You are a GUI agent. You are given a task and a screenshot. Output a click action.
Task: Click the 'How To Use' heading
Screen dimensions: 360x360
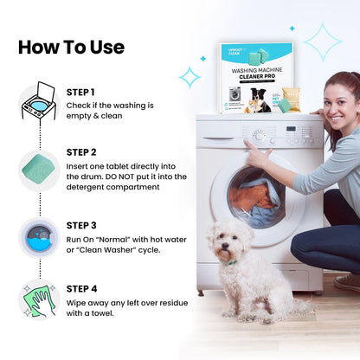(x=71, y=47)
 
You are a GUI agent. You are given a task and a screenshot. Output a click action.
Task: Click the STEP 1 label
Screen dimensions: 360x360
(x=80, y=92)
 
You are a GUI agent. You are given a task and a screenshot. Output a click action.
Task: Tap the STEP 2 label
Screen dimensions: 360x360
(x=80, y=151)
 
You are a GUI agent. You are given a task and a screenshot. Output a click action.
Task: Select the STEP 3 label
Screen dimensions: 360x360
(x=80, y=224)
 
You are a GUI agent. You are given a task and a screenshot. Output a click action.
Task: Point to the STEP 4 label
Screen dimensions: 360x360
(x=80, y=288)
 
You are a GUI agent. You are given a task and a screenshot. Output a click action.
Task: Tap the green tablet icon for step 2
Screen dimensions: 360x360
(x=39, y=165)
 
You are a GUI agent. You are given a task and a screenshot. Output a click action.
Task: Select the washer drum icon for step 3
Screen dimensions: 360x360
(x=39, y=237)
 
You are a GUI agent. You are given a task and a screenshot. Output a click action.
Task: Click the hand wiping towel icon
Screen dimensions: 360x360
(x=39, y=299)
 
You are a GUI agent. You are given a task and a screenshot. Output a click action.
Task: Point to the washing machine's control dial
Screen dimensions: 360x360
(x=258, y=135)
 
